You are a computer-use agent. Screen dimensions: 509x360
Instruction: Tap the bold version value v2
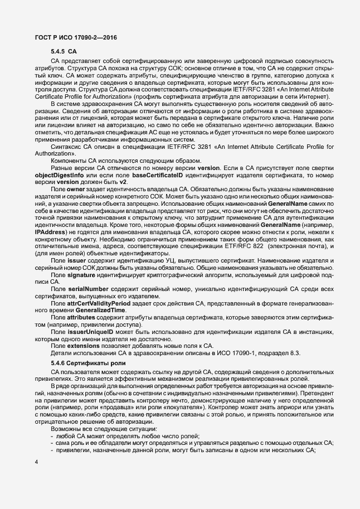pyautogui.click(x=123, y=190)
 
